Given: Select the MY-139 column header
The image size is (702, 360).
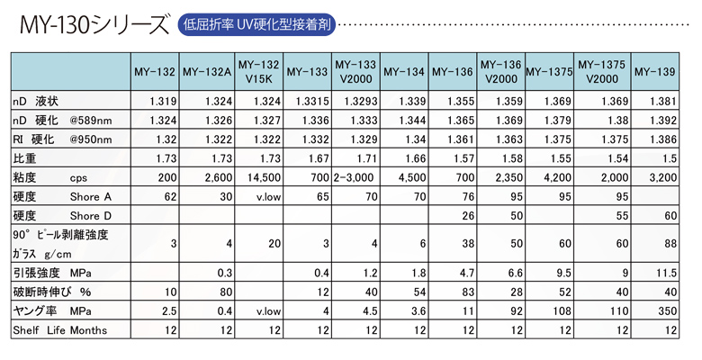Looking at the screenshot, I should click(654, 71).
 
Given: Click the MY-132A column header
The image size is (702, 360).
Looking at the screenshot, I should click(207, 71).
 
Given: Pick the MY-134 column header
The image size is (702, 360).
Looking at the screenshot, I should click(403, 71).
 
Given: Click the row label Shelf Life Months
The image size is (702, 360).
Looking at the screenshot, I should click(59, 330).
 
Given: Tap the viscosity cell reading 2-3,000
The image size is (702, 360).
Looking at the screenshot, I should click(355, 178).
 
